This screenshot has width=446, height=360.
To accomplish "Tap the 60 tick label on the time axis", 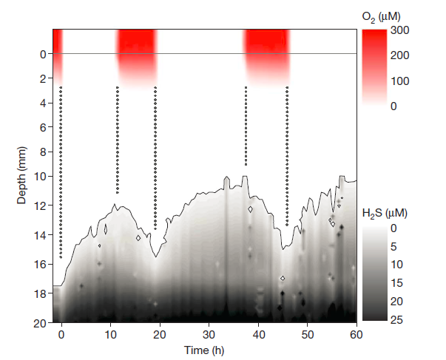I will [357, 333].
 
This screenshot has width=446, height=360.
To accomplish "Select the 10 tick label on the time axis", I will [110, 333].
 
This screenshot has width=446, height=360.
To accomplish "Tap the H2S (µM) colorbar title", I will [384, 213].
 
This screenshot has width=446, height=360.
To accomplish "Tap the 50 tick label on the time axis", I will [308, 333].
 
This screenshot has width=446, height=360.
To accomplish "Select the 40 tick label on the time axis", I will [259, 333].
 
